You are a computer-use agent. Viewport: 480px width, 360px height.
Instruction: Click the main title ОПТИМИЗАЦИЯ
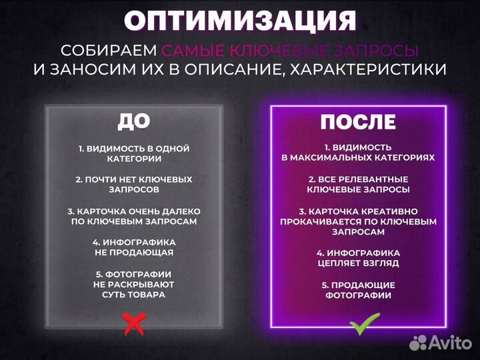click(240, 21)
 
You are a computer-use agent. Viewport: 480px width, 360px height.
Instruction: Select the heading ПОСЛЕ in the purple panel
click(358, 122)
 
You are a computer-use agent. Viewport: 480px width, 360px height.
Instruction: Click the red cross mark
click(134, 323)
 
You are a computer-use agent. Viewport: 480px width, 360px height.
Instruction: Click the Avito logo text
click(451, 343)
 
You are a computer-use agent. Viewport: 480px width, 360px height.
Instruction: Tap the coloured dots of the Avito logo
click(419, 343)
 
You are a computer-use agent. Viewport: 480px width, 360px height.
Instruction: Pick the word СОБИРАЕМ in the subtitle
click(109, 51)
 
